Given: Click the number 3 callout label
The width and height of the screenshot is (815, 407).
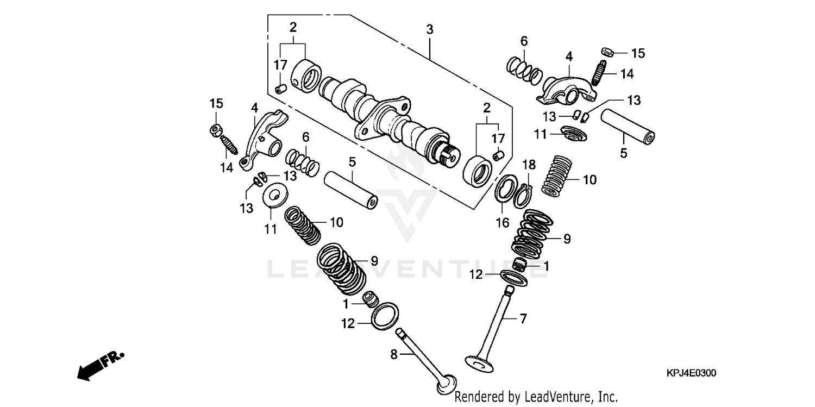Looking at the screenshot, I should (x=429, y=29).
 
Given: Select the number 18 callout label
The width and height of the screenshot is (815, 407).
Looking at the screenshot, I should (x=529, y=165).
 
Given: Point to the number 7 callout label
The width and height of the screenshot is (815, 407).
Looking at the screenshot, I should (x=523, y=318).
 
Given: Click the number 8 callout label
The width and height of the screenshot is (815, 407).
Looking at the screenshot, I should (x=394, y=354).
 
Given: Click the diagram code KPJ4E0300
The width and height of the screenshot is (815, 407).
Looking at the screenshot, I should (x=691, y=373).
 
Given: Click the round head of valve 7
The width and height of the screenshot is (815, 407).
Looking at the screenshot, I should (x=479, y=362).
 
